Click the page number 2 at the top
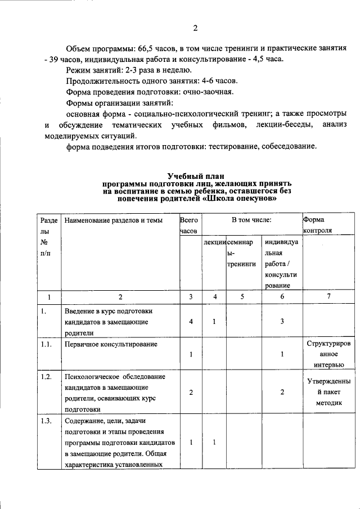pos(195,28)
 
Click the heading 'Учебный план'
pos(196,176)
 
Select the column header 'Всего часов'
pos(190,226)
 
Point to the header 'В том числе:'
pos(251,220)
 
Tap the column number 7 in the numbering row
pos(328,296)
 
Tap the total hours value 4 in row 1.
pos(191,321)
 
